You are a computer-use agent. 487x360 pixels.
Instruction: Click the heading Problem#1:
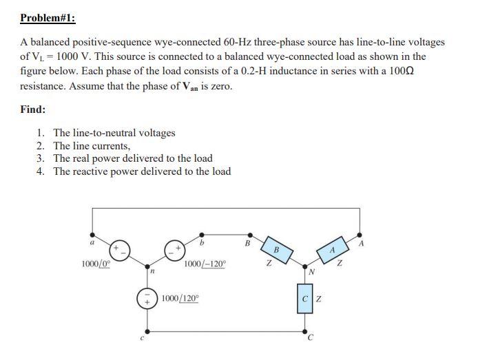(48, 19)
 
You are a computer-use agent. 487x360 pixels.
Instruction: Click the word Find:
(33, 109)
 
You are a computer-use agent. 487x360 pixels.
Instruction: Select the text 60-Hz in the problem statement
(240, 42)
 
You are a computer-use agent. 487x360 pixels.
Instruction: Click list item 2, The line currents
(92, 145)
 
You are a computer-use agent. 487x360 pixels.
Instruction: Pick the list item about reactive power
(142, 171)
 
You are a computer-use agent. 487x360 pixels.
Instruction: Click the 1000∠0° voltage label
(95, 264)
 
